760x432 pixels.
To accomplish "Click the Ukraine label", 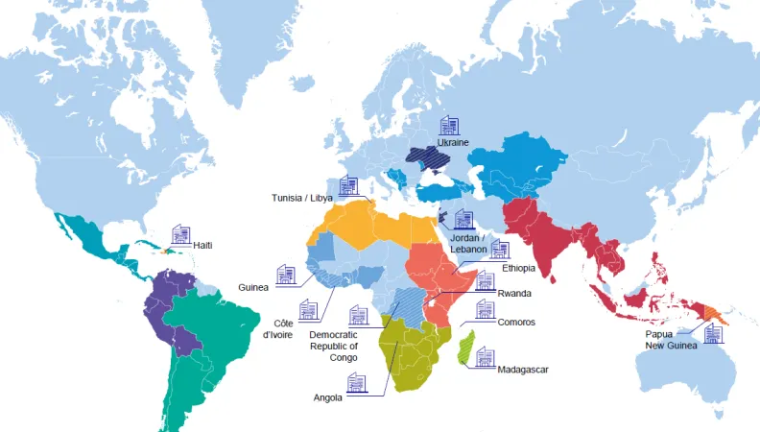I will [x=453, y=142].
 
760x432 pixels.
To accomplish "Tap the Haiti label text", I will [x=202, y=246].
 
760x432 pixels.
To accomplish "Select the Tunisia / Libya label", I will [x=301, y=198].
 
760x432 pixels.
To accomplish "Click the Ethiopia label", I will [x=517, y=270].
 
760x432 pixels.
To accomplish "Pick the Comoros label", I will [x=516, y=323].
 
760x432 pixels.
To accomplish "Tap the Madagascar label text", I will [x=523, y=369].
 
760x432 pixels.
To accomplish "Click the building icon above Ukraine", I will [x=449, y=125].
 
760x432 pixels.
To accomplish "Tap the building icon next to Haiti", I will [x=181, y=234].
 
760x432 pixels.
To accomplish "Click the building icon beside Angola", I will [x=357, y=384].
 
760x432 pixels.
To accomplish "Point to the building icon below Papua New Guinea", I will [x=713, y=334].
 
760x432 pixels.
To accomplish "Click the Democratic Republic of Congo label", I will [x=333, y=346].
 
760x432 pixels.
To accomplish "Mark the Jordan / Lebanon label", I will [x=469, y=243].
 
